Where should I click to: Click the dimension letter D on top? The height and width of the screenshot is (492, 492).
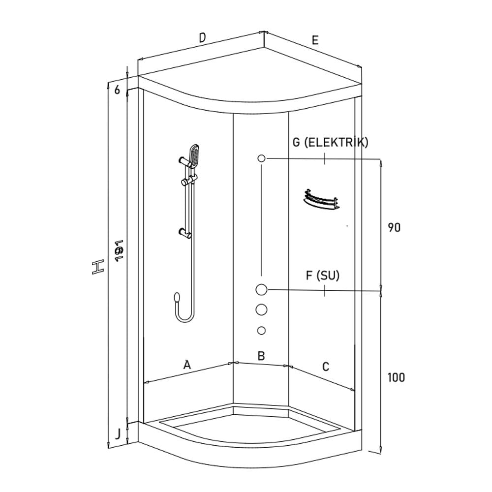(x=202, y=37)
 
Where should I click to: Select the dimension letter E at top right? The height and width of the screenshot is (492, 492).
(x=315, y=40)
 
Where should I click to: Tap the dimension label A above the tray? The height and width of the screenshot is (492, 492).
(x=186, y=365)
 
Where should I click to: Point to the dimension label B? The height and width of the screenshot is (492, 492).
(x=261, y=356)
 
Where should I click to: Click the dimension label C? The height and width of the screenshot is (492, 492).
(x=325, y=367)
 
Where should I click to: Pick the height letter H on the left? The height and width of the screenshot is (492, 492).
(x=98, y=268)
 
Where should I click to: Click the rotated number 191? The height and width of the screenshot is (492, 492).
(x=118, y=251)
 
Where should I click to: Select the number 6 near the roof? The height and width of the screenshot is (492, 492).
(x=117, y=90)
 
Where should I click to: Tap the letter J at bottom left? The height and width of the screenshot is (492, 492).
(x=117, y=433)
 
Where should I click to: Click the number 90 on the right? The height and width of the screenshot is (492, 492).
(x=394, y=228)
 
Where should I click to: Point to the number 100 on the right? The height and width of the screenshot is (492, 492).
(x=396, y=378)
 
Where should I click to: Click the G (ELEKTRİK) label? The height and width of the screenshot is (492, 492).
(x=330, y=143)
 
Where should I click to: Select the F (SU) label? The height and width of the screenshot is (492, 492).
(x=323, y=276)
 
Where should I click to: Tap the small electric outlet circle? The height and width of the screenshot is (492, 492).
(x=261, y=158)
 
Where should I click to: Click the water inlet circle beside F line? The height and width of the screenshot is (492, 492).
(x=261, y=290)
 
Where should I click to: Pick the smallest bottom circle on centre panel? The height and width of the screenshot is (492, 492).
(x=261, y=330)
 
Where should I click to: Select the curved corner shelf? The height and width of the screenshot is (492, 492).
(x=320, y=200)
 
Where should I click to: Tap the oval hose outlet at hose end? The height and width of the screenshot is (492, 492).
(x=177, y=297)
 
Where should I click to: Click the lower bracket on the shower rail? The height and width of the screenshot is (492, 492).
(x=185, y=232)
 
